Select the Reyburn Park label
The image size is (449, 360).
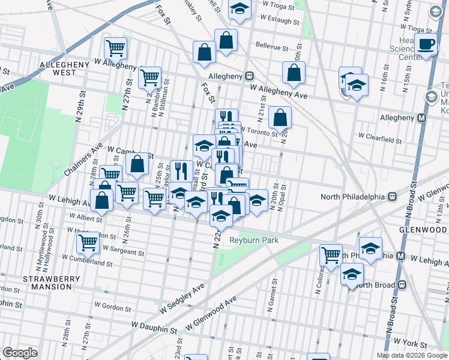(254, 240)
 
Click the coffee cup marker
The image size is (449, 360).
(426, 44)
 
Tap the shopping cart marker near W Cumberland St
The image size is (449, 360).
(88, 242)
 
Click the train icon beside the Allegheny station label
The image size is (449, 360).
(249, 76)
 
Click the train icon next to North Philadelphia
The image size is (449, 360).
(392, 196)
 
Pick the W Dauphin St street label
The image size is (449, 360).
(152, 329)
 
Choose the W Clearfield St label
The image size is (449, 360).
(380, 139)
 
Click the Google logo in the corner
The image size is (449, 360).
(20, 353)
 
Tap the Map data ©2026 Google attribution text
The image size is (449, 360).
(411, 355)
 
